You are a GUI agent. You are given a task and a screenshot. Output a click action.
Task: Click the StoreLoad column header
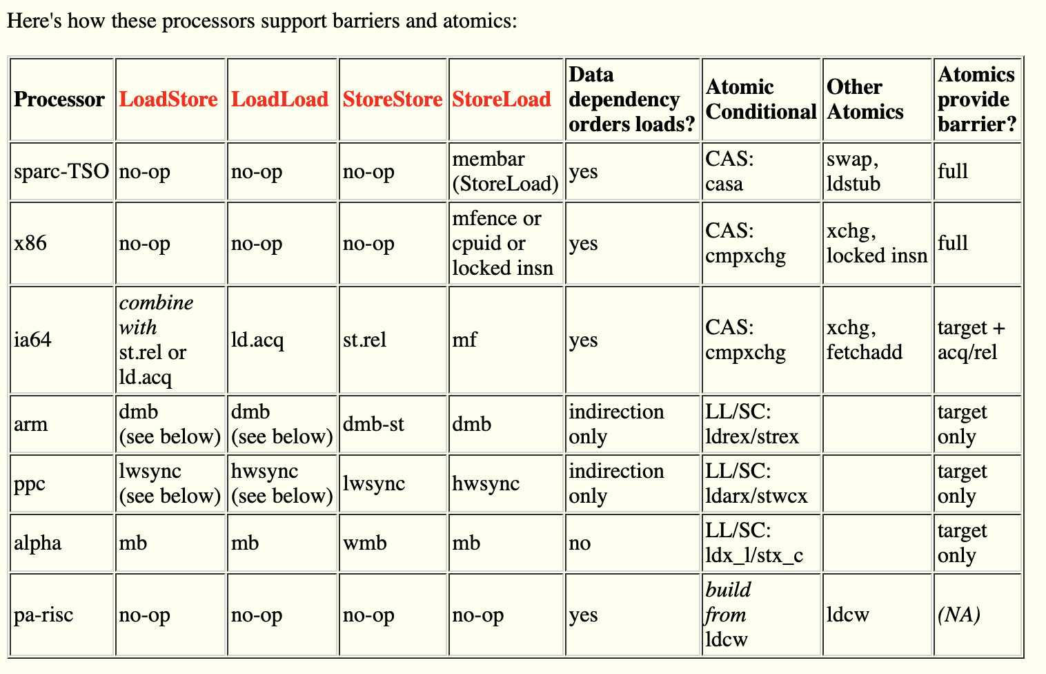[502, 99]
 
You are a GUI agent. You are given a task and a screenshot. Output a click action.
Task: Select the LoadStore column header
[168, 99]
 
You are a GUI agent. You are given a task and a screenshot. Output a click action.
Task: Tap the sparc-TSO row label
[61, 171]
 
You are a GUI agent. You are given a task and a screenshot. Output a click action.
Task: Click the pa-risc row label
[43, 615]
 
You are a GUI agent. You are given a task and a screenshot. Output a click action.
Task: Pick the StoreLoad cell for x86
[503, 243]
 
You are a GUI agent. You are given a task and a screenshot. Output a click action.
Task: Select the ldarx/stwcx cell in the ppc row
[756, 483]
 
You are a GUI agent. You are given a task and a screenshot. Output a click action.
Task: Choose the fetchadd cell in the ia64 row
[865, 340]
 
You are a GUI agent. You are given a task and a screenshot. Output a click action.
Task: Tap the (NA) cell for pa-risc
[959, 615]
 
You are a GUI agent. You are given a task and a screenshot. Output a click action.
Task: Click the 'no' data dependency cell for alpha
[580, 543]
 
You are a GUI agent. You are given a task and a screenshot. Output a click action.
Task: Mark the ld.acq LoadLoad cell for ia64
[257, 340]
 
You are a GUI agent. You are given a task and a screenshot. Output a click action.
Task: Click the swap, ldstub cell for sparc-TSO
[853, 171]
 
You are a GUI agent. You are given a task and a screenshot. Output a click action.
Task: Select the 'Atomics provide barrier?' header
[976, 99]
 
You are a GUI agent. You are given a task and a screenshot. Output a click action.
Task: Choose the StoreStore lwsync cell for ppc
[374, 483]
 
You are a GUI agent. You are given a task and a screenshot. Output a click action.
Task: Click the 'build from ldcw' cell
[729, 615]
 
